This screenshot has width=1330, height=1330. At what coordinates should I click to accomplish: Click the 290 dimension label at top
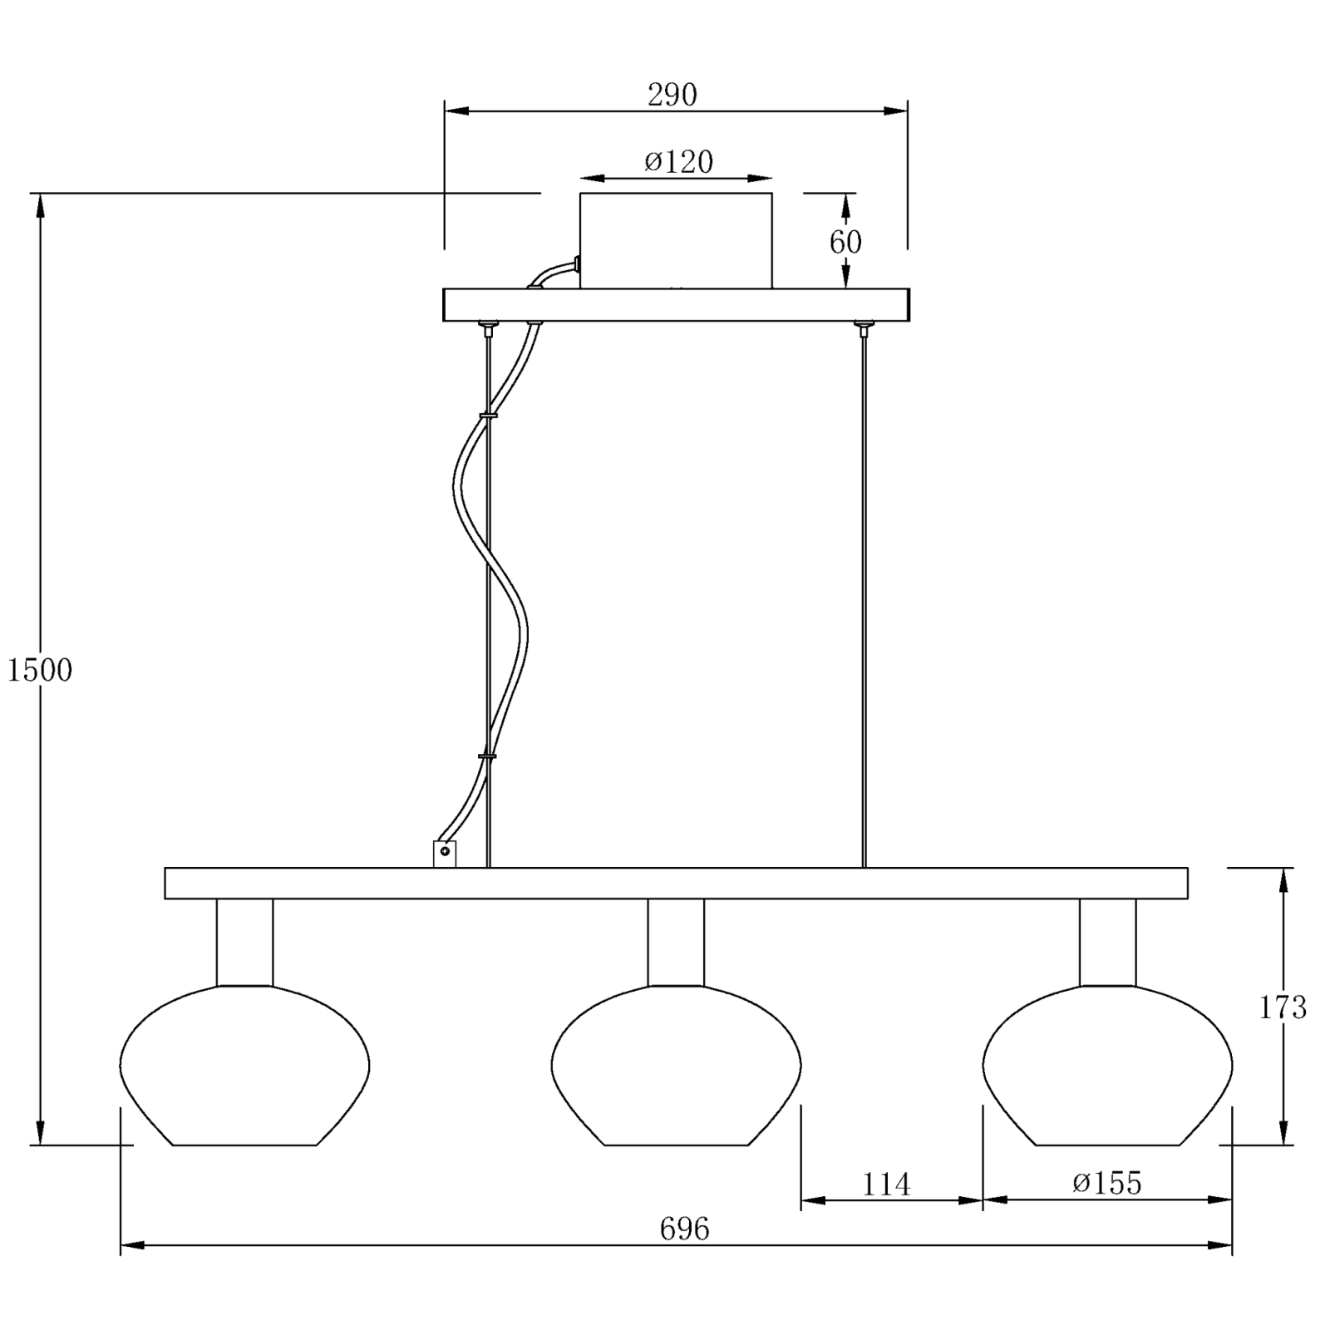[x=672, y=95]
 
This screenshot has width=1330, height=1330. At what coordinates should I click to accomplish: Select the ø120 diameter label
[x=678, y=161]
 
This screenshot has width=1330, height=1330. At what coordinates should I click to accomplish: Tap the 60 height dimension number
[x=845, y=242]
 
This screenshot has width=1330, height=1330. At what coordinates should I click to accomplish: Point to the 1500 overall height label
[x=40, y=670]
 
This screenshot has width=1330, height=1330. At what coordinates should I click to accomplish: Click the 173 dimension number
[x=1283, y=1007]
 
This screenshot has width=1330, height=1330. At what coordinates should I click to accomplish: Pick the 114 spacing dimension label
[x=886, y=1184]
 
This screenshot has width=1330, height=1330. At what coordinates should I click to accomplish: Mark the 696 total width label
[x=684, y=1229]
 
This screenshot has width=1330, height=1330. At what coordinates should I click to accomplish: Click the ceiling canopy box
[x=676, y=241]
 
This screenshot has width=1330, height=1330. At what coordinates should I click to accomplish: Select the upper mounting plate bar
[x=676, y=304]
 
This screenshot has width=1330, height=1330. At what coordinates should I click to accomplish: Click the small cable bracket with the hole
[x=445, y=853]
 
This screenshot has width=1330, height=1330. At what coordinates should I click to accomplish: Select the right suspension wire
[x=864, y=598]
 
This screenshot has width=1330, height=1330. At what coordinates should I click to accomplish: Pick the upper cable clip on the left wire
[x=487, y=414]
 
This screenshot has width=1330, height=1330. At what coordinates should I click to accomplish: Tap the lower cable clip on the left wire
[x=487, y=756]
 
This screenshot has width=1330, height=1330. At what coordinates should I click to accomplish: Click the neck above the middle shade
[x=676, y=942]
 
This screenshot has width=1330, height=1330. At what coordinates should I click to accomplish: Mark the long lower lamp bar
[x=676, y=883]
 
